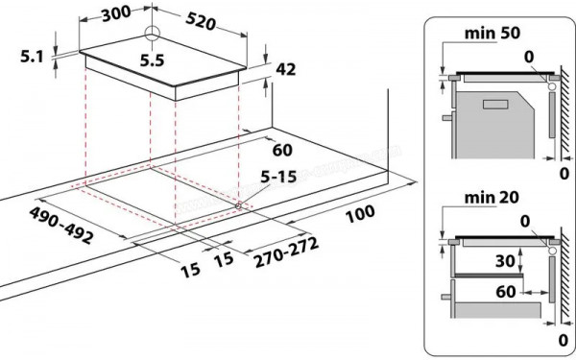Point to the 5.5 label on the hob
[x=152, y=60]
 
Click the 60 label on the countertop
[x=282, y=150]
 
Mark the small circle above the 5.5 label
[x=151, y=34]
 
